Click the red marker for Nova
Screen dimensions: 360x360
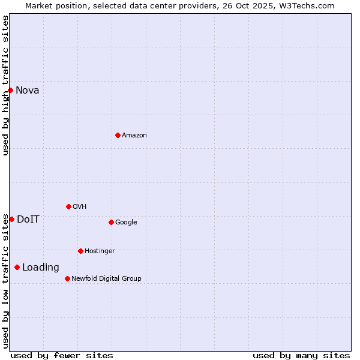pyautogui.click(x=10, y=90)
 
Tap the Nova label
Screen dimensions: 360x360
pyautogui.click(x=28, y=91)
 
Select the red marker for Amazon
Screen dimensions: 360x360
pyautogui.click(x=118, y=135)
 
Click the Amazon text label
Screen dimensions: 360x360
pyautogui.click(x=134, y=136)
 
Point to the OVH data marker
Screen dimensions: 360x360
pyautogui.click(x=68, y=206)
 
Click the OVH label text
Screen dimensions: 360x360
pyautogui.click(x=80, y=207)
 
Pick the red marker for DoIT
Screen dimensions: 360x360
pyautogui.click(x=11, y=219)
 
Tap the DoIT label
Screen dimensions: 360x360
pyautogui.click(x=28, y=220)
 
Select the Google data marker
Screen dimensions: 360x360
pyautogui.click(x=111, y=222)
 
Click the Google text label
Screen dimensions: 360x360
pyautogui.click(x=126, y=223)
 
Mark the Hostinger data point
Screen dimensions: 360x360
pyautogui.click(x=80, y=251)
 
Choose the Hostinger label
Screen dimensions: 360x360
pyautogui.click(x=100, y=251)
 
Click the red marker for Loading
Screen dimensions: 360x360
pyautogui.click(x=17, y=267)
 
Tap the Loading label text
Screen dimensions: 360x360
pyautogui.click(x=41, y=268)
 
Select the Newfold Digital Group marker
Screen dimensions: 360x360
pyautogui.click(x=67, y=278)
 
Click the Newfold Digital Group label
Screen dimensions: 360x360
pyautogui.click(x=106, y=279)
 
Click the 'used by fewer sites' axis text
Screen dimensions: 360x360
pyautogui.click(x=62, y=355)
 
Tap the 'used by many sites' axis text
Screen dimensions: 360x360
pyautogui.click(x=301, y=355)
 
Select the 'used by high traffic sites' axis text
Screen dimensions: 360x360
pyautogui.click(x=5, y=85)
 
